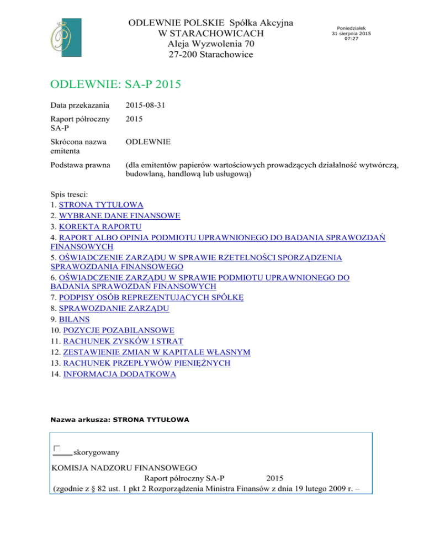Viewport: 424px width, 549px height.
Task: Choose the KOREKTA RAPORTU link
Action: pos(100,227)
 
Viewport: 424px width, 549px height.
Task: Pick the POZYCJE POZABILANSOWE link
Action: pos(119,330)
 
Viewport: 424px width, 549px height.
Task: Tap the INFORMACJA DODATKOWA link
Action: pos(120,374)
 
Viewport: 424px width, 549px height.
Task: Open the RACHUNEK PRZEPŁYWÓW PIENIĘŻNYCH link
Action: pos(146,363)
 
